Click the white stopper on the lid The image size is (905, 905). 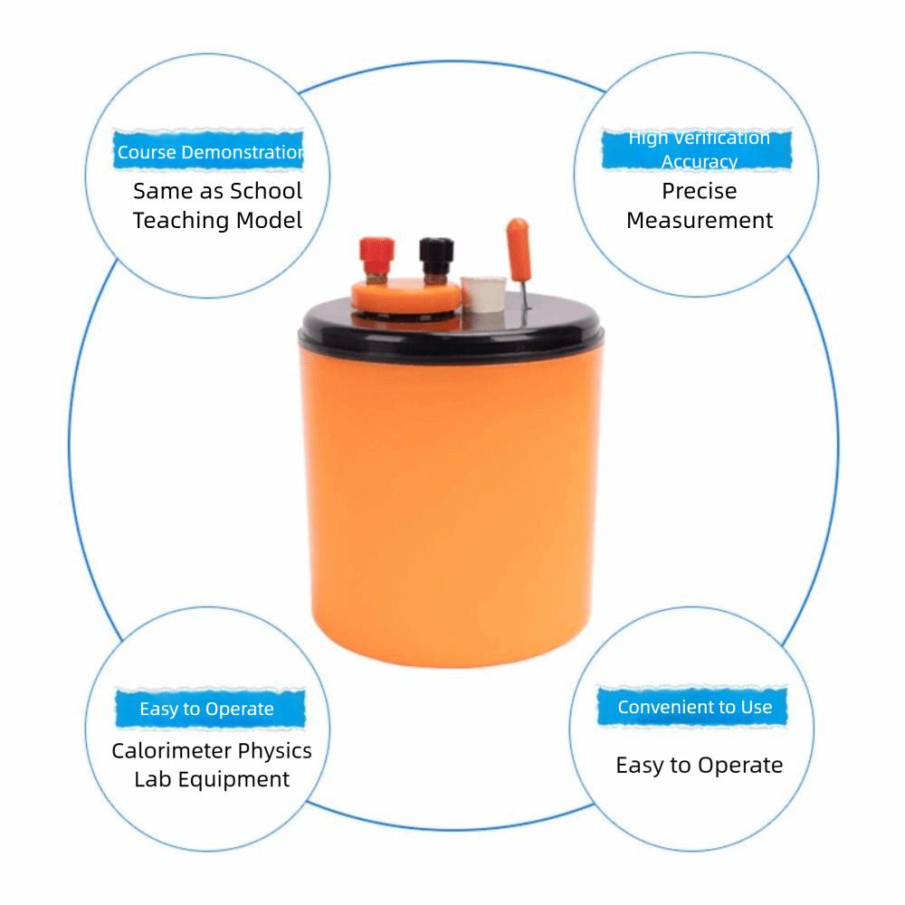point(481,294)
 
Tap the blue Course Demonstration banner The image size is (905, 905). point(210,152)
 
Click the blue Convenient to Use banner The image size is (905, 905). point(694,707)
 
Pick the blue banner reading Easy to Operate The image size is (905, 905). point(207,709)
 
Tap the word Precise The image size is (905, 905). point(699,191)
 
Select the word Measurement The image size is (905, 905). point(700,220)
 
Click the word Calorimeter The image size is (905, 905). point(171,751)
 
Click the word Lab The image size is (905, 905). point(152,779)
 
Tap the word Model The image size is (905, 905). point(269,221)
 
